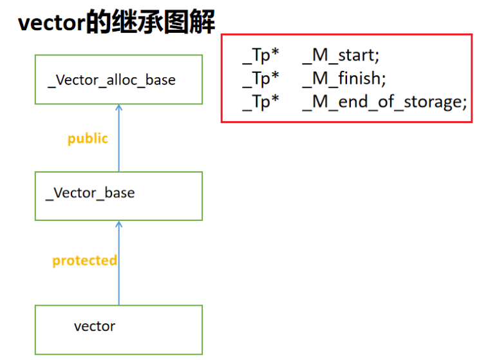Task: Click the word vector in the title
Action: pos(52,23)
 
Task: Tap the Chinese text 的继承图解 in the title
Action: pos(150,22)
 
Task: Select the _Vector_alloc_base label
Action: pos(112,81)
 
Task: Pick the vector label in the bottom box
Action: pos(95,327)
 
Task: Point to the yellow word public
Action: pos(88,139)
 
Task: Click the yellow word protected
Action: pos(84,261)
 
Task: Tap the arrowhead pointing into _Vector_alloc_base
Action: pos(119,107)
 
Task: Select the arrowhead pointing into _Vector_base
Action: pos(119,224)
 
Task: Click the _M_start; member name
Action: pos(341,56)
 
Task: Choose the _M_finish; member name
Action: pos(344,79)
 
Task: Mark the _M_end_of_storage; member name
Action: pos(384,102)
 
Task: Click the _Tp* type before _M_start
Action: pos(261,56)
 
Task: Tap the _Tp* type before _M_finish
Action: pos(261,79)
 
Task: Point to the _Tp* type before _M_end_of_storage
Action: pos(261,102)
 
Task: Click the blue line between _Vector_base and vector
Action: pos(119,263)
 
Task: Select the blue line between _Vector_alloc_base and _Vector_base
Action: pos(119,138)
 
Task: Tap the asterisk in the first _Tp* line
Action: pos(275,52)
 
